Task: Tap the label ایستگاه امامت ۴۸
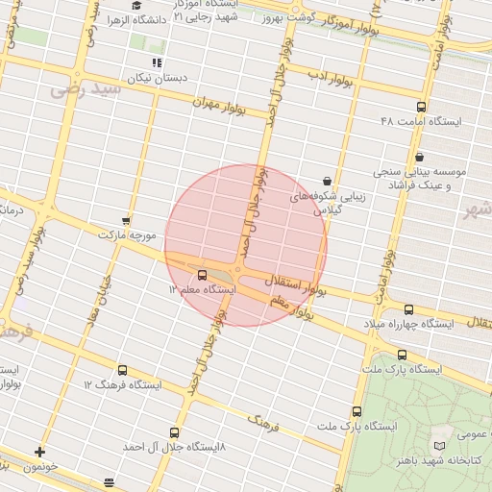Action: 421,122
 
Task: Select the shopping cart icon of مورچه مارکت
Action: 126,220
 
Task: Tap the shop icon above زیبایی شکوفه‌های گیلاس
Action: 327,180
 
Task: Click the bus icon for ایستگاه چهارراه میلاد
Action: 409,309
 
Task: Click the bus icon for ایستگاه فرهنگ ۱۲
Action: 121,370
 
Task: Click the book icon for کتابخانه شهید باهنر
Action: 439,447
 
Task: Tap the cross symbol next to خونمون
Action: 39,451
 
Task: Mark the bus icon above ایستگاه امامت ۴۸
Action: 421,107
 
